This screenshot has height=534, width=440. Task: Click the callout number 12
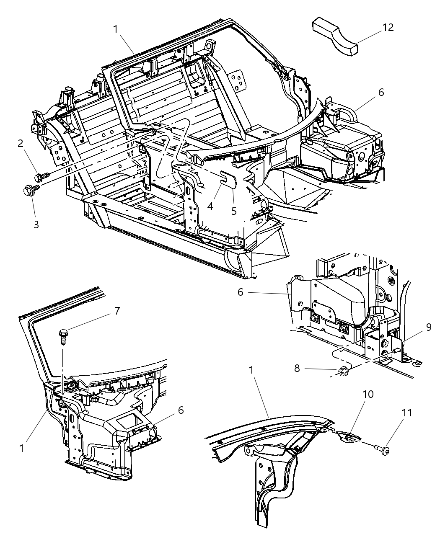(x=388, y=28)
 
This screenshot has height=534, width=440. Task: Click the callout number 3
(x=36, y=224)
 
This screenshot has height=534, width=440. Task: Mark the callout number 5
(x=234, y=210)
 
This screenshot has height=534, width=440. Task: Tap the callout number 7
(x=117, y=311)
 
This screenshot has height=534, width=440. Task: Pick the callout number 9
(x=428, y=327)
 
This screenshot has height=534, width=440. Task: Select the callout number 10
(x=369, y=394)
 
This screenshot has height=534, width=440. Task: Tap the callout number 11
(x=407, y=413)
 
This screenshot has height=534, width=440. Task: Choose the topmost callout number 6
(x=380, y=92)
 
